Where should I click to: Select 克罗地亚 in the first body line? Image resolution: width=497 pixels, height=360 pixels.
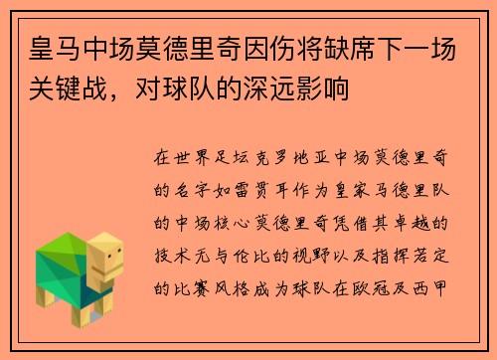click(x=298, y=158)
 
